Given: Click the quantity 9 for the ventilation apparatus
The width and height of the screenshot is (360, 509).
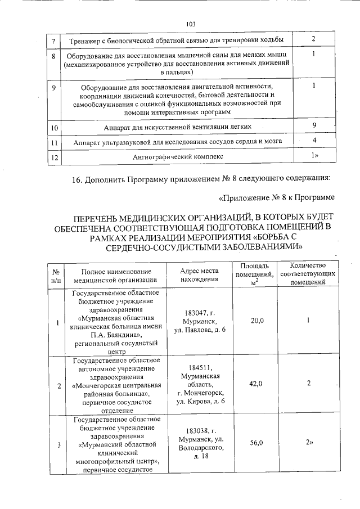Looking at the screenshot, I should click(x=314, y=125).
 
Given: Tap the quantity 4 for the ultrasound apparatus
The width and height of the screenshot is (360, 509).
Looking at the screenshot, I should click(x=314, y=140).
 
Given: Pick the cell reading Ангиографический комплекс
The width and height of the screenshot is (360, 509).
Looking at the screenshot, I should click(x=177, y=156).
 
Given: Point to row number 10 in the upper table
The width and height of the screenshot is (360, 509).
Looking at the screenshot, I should click(x=54, y=128).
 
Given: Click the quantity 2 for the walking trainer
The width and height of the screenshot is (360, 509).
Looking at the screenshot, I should click(x=314, y=39).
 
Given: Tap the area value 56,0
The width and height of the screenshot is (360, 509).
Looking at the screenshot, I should click(x=256, y=443).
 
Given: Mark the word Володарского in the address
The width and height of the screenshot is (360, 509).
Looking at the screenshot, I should click(x=199, y=447).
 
